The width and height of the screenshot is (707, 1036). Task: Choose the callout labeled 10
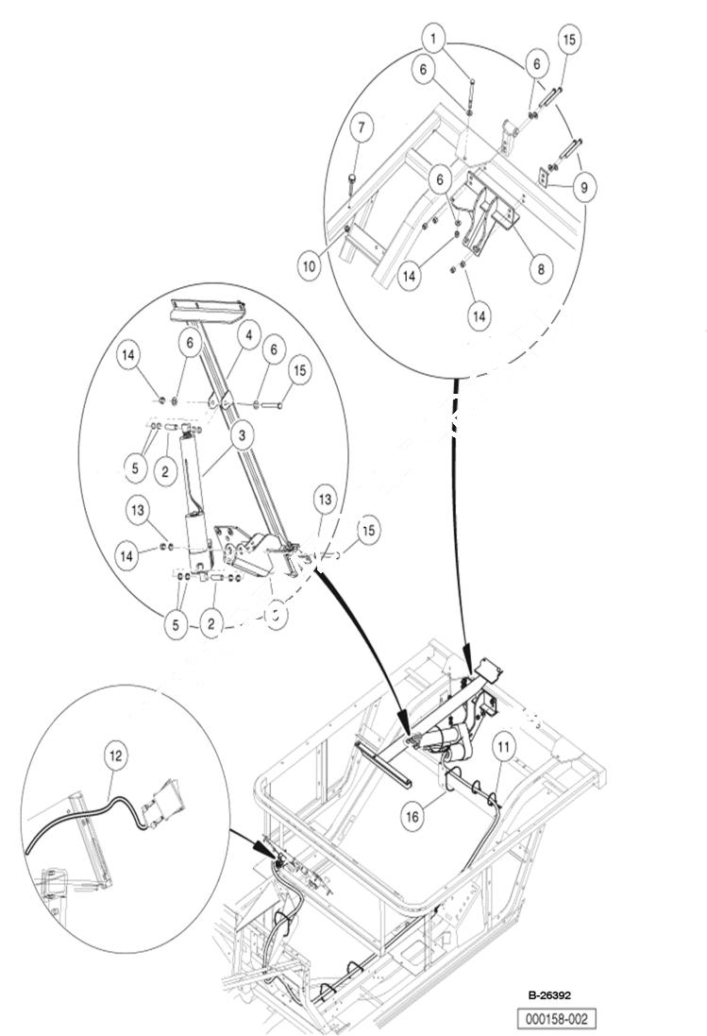(309, 265)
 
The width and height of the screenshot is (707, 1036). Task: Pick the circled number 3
(244, 435)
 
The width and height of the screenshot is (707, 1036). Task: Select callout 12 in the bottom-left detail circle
(114, 755)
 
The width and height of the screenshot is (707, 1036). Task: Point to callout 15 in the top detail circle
(568, 40)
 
